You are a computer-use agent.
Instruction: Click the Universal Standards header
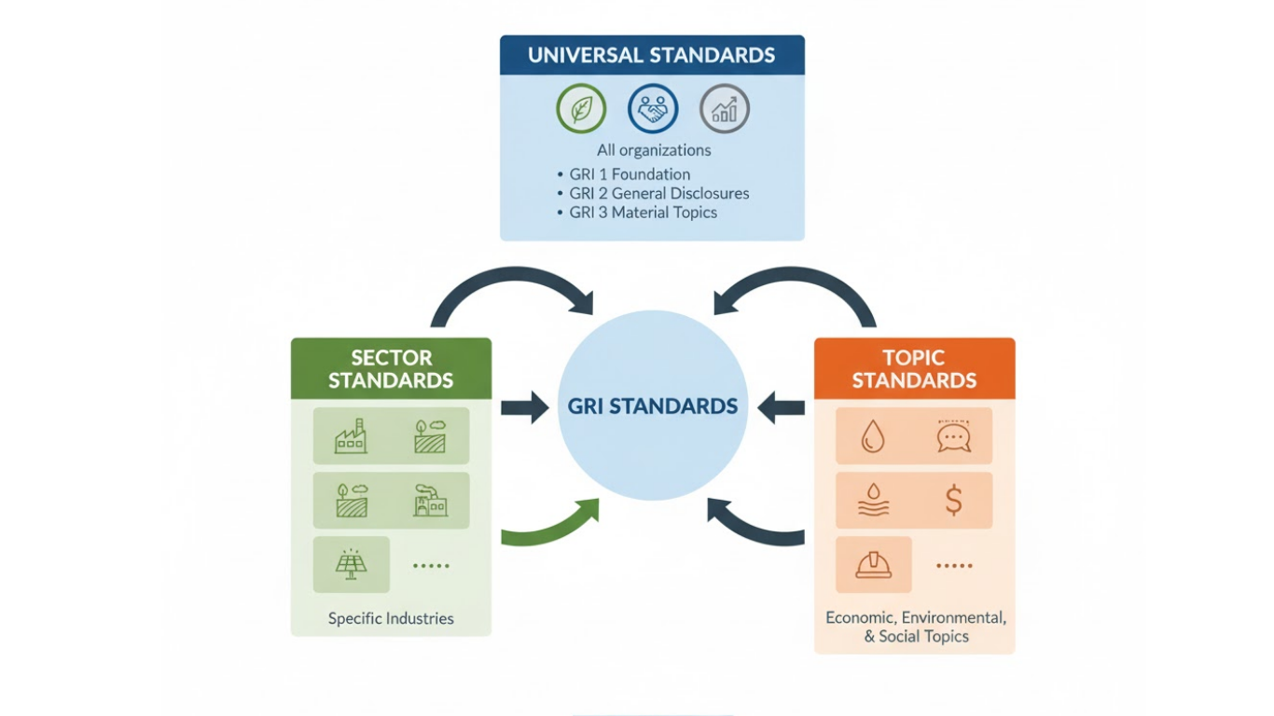pyautogui.click(x=651, y=55)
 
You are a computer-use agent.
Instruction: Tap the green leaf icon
pyautogui.click(x=581, y=109)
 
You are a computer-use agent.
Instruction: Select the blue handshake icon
pyautogui.click(x=653, y=109)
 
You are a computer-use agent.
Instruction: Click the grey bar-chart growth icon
pyautogui.click(x=725, y=109)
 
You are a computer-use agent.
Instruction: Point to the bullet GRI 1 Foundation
pyautogui.click(x=630, y=174)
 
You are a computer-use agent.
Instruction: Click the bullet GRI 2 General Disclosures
pyautogui.click(x=658, y=194)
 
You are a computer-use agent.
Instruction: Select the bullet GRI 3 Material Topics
pyautogui.click(x=643, y=213)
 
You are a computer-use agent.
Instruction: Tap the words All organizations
pyautogui.click(x=654, y=150)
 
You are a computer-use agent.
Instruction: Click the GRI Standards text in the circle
pyautogui.click(x=653, y=406)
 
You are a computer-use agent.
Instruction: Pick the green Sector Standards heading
pyautogui.click(x=391, y=369)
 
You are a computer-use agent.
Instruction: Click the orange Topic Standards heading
pyautogui.click(x=914, y=369)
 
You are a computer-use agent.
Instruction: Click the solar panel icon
pyautogui.click(x=352, y=564)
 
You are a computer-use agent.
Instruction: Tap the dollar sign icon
pyautogui.click(x=953, y=500)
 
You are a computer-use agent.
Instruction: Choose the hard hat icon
pyautogui.click(x=873, y=564)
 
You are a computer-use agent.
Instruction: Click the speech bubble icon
pyautogui.click(x=953, y=435)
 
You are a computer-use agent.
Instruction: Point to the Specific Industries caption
pyautogui.click(x=391, y=618)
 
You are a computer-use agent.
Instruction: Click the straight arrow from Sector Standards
pyautogui.click(x=525, y=407)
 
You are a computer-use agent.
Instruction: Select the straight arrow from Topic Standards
pyautogui.click(x=782, y=407)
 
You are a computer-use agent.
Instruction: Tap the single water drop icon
pyautogui.click(x=873, y=435)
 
